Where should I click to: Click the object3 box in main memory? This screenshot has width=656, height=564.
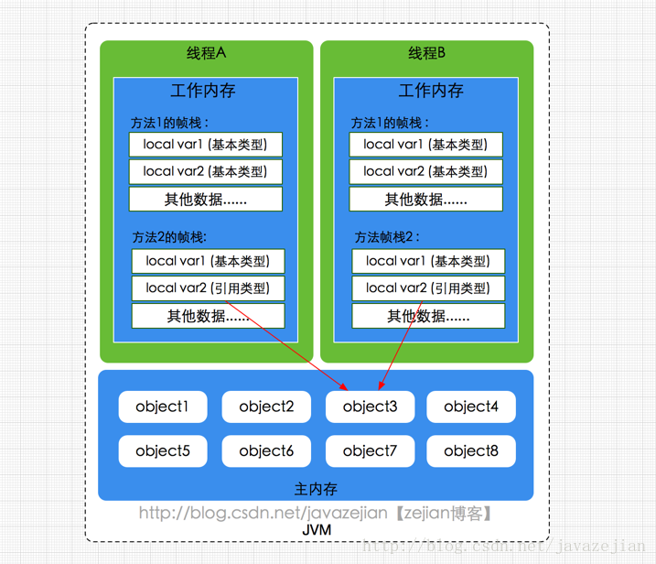[x=370, y=407]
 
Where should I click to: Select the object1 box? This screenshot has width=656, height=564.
[x=163, y=407]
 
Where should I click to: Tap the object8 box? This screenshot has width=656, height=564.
[x=471, y=450]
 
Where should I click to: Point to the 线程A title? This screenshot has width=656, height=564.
[x=206, y=53]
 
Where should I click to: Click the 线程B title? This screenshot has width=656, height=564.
[x=426, y=53]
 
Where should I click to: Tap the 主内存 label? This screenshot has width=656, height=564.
[x=316, y=488]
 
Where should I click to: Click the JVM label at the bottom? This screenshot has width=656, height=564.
[x=317, y=529]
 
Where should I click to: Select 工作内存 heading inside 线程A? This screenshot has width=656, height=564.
[x=203, y=91]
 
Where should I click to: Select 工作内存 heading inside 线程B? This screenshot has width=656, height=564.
[x=431, y=91]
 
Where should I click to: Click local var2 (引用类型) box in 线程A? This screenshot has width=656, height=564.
[x=207, y=287]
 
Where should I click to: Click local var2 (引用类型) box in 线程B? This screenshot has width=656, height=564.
[x=427, y=287]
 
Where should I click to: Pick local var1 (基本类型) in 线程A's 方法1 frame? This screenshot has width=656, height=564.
[x=205, y=144]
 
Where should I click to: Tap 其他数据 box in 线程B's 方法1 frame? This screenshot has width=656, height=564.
[x=425, y=199]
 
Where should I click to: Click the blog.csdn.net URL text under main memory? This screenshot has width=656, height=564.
[x=316, y=513]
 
